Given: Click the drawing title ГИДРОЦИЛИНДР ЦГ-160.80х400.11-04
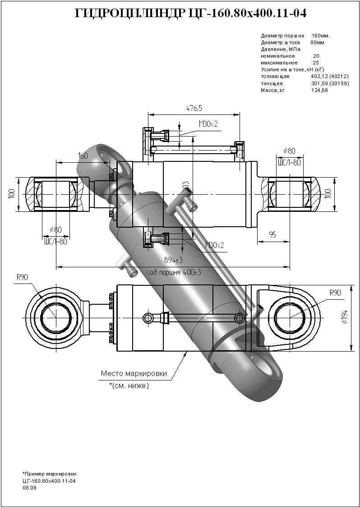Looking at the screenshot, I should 190,14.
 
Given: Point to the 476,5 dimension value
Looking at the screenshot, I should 194,108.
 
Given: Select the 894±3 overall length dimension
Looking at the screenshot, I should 173,260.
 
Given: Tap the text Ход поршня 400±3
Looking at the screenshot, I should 174,272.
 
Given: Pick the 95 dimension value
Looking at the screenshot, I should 272,234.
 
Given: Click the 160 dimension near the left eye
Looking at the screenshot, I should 83,156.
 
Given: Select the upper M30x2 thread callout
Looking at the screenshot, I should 208,124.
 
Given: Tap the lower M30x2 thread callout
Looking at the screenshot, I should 215,245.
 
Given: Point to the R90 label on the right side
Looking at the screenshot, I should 335,293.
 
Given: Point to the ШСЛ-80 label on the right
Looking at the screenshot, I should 289,162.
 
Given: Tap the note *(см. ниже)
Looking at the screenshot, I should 129,386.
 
